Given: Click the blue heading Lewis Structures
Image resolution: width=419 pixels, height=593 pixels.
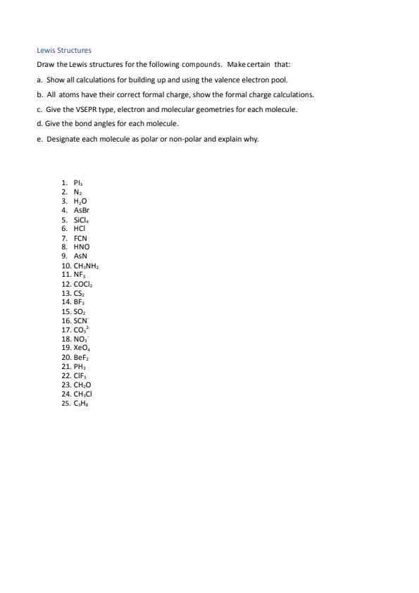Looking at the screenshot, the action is click(x=64, y=51).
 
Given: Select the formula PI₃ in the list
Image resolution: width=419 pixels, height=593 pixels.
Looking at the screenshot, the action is click(x=78, y=182).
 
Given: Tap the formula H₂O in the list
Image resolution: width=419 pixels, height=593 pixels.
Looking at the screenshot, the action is click(x=80, y=201).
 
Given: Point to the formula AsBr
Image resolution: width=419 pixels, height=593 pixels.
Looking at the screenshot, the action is click(x=81, y=210).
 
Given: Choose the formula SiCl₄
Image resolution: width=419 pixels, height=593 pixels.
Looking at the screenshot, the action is click(x=81, y=220).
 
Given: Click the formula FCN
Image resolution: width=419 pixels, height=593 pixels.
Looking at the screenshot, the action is click(x=80, y=238).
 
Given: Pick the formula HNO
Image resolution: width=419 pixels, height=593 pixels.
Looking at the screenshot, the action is click(x=82, y=247).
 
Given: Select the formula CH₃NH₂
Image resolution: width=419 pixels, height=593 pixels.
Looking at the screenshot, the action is click(x=86, y=266).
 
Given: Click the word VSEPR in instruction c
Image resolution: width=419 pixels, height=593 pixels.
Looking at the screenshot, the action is click(x=96, y=109).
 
